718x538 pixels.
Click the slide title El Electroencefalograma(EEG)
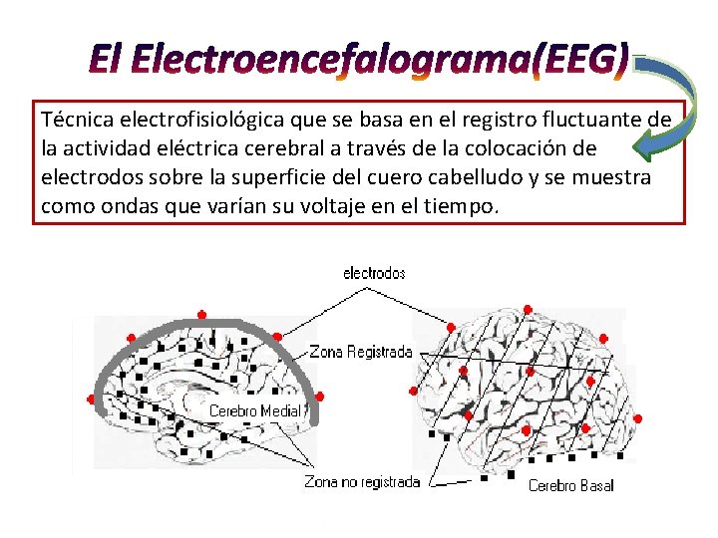(x=359, y=62)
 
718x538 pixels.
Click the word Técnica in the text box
(x=77, y=121)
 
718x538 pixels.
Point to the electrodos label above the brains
(x=374, y=273)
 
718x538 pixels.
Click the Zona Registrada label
(x=361, y=352)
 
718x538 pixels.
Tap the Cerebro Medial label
(x=254, y=410)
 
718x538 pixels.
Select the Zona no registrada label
(x=362, y=482)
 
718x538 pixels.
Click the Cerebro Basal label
(x=570, y=485)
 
